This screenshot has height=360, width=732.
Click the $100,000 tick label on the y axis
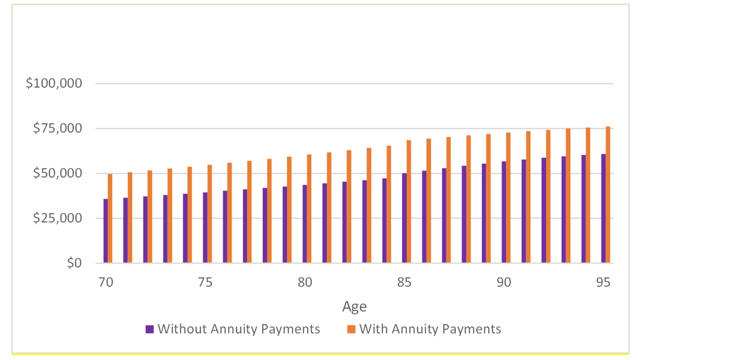click(54, 83)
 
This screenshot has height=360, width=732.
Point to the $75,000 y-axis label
click(57, 128)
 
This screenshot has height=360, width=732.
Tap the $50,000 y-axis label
click(57, 173)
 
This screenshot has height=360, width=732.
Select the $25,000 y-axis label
click(57, 217)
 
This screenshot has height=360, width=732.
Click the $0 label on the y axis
click(74, 263)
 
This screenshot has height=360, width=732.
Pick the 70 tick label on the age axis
click(106, 282)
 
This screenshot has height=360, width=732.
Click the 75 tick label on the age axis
click(205, 282)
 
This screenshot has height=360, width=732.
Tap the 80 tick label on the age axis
click(305, 282)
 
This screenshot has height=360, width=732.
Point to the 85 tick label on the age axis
click(404, 282)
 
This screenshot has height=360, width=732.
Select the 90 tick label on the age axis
click(504, 282)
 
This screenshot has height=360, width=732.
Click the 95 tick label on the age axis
click(603, 282)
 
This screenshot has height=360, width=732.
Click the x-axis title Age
click(354, 306)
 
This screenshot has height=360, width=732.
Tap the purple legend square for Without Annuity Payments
click(150, 329)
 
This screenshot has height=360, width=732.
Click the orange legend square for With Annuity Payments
click(351, 329)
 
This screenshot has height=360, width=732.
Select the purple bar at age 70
click(106, 231)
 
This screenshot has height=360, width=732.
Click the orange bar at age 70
click(110, 219)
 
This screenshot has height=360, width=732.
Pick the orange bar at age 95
click(608, 195)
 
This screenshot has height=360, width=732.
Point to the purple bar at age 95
click(603, 208)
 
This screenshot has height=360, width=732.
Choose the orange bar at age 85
click(409, 201)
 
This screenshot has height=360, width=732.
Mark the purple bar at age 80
click(305, 224)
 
